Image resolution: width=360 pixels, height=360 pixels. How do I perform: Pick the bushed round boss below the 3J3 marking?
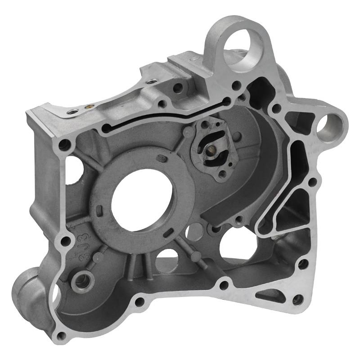(x=82, y=282)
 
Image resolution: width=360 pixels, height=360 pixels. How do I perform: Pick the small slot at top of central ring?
(x=160, y=157)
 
